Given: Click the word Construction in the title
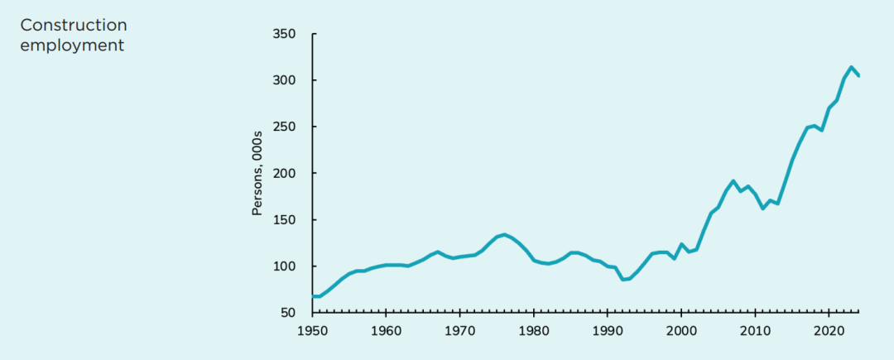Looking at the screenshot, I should [x=74, y=26].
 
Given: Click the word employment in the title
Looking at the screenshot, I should [x=72, y=45].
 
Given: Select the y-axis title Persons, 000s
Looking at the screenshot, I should [x=257, y=174].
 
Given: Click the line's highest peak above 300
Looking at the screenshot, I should [x=851, y=67].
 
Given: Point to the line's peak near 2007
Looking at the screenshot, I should [x=733, y=181].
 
